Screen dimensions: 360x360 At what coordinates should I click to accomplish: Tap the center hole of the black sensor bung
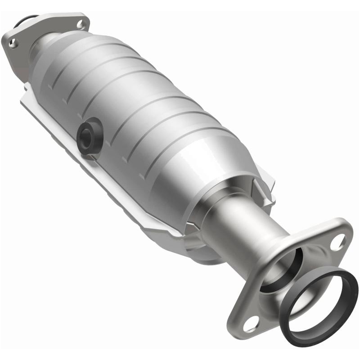pos(86,134)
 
